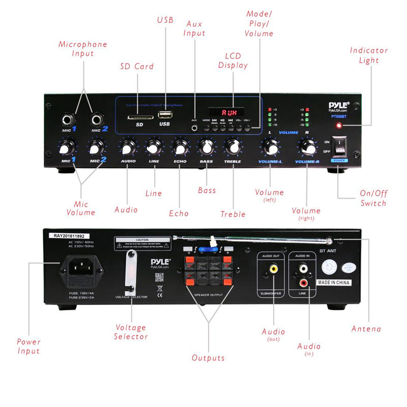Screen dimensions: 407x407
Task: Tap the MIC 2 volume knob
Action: [96, 148]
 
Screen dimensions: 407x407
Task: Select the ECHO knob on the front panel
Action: [180, 148]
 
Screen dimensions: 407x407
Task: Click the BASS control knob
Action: [206, 148]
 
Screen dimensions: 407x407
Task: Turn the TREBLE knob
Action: [233, 148]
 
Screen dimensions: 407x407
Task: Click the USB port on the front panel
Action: [164, 114]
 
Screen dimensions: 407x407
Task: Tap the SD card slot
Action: [138, 117]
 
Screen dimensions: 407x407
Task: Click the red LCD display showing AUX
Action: [225, 111]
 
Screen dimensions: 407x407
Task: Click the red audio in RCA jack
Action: [304, 280]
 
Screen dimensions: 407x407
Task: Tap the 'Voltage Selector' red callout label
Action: [131, 332]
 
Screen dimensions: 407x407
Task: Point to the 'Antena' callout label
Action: [366, 329]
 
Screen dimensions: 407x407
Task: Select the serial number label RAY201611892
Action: [72, 236]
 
